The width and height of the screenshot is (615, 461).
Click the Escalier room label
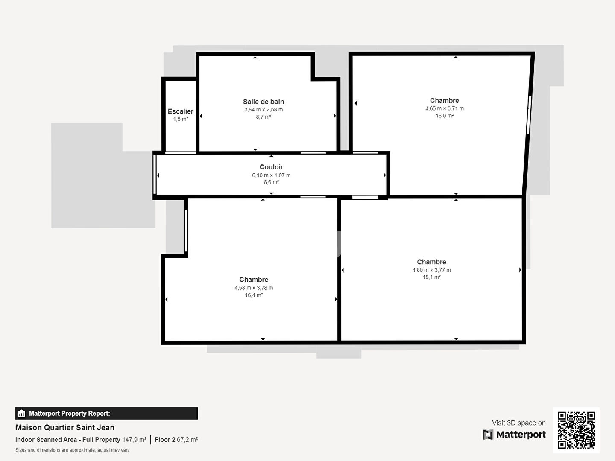(x=180, y=111)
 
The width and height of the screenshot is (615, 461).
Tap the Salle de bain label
(x=264, y=102)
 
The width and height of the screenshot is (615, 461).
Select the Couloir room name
(x=271, y=167)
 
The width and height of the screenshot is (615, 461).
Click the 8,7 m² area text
(x=264, y=117)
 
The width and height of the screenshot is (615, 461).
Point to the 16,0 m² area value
(x=444, y=116)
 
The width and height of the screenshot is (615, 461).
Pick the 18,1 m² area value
(x=431, y=277)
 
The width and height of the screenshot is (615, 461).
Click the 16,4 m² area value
(x=254, y=295)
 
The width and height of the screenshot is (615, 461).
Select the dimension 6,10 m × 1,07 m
(x=271, y=175)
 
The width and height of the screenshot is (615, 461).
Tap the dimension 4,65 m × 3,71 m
(x=444, y=108)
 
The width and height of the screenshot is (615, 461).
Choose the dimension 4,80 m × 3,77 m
(x=431, y=270)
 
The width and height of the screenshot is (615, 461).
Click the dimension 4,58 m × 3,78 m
(x=254, y=288)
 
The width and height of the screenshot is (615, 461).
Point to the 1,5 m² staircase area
(x=180, y=119)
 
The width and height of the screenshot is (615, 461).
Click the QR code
(x=576, y=430)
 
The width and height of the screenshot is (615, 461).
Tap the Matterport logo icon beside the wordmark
(x=488, y=435)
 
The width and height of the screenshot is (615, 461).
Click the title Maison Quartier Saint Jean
(x=65, y=427)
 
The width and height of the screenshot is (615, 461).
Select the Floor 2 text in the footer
(x=165, y=440)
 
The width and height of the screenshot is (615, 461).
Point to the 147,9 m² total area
(x=134, y=440)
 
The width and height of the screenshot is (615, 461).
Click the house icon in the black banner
(x=21, y=414)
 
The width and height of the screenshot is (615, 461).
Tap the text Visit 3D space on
(x=518, y=423)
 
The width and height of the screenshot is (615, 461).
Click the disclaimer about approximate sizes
(x=72, y=450)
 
